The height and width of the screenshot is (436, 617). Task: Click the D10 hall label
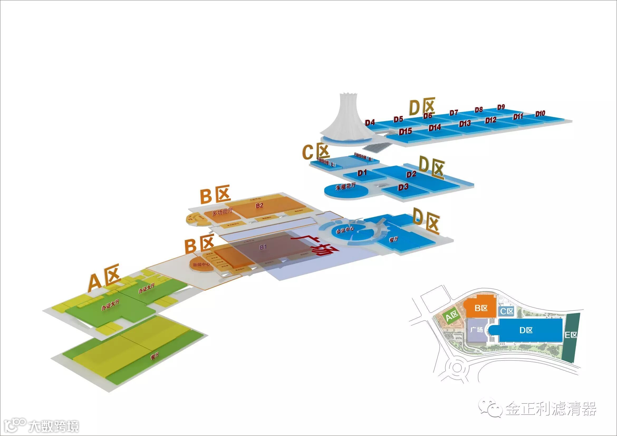tap(540, 114)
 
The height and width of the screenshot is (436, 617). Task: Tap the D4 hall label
tap(369, 123)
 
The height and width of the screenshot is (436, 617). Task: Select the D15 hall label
tap(405, 131)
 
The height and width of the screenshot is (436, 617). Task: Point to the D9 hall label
tap(501, 107)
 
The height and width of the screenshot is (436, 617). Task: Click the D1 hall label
tap(362, 173)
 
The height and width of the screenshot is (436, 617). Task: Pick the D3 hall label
tap(403, 187)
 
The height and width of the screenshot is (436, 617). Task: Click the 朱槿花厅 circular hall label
tap(346, 186)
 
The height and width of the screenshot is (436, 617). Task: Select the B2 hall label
tap(259, 206)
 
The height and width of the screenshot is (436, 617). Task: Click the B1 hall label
tap(263, 247)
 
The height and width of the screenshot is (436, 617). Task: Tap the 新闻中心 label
tap(201, 264)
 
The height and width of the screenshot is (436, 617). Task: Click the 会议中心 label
tap(345, 230)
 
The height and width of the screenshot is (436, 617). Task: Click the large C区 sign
tap(316, 152)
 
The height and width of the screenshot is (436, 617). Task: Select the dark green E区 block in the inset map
tap(571, 335)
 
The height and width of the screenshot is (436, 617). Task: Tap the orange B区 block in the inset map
tap(481, 308)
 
